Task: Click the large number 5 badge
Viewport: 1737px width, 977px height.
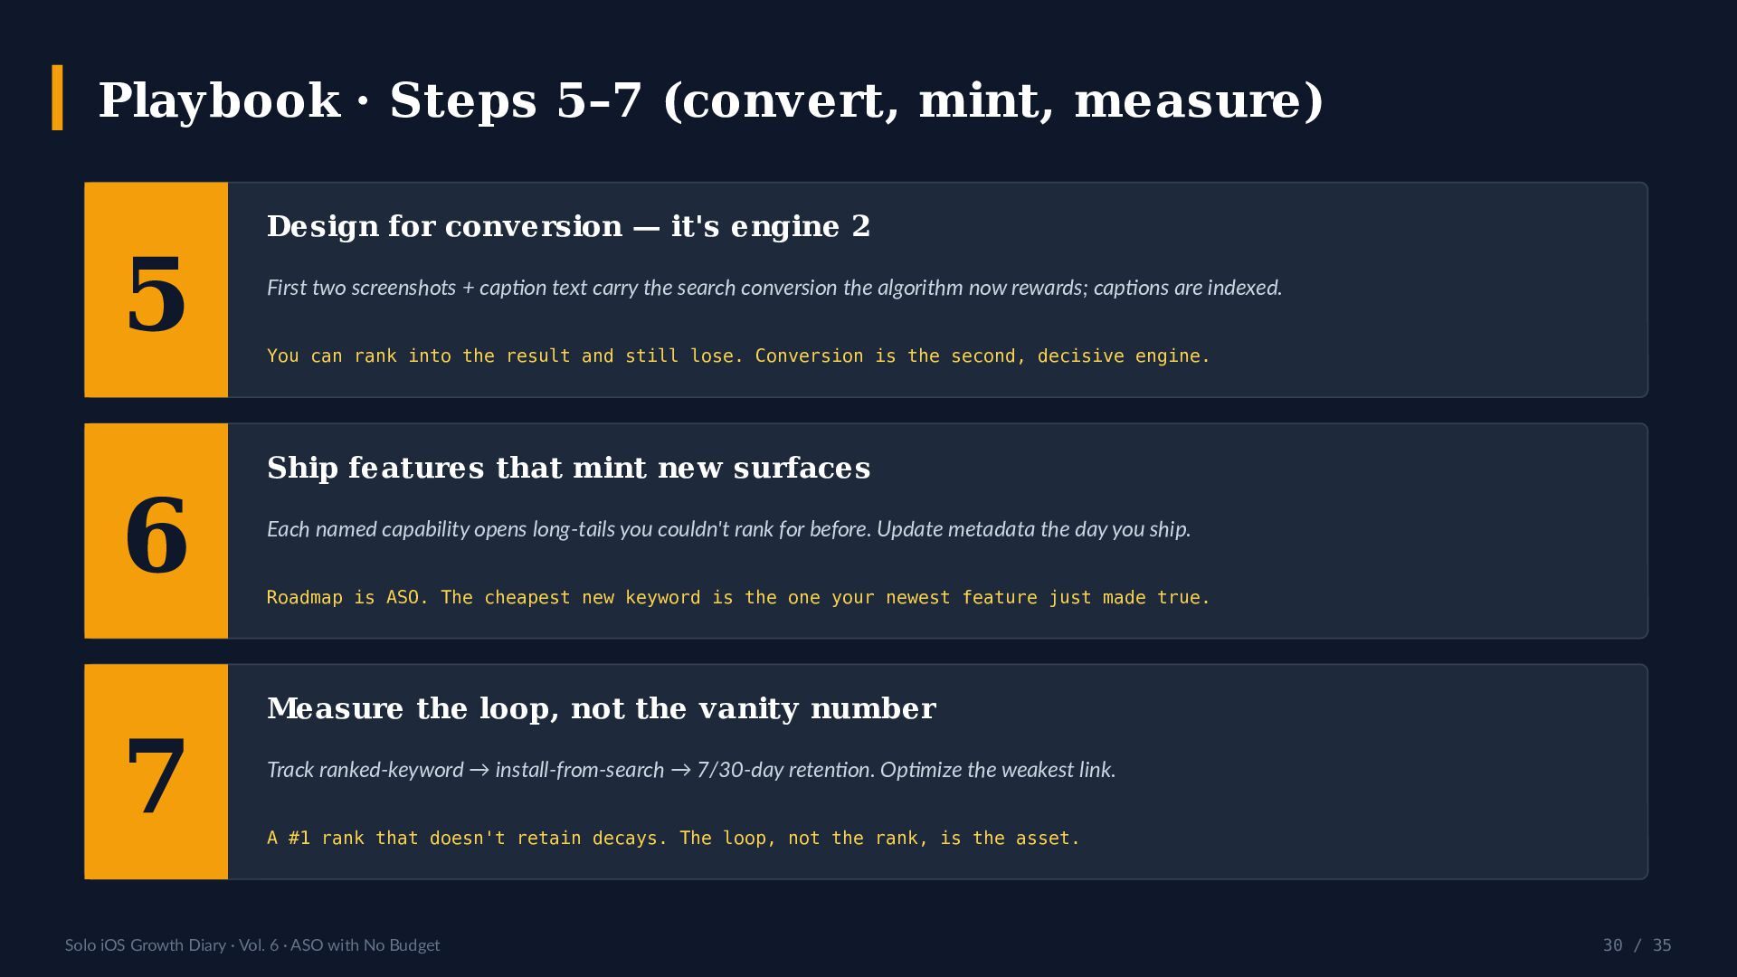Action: click(x=156, y=289)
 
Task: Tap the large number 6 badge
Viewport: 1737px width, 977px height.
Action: click(x=156, y=531)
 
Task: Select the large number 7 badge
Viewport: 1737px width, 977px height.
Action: click(x=156, y=772)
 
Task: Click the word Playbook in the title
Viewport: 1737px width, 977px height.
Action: click(x=219, y=100)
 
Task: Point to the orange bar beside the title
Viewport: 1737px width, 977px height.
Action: click(x=57, y=98)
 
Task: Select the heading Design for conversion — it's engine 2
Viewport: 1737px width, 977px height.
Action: click(x=568, y=226)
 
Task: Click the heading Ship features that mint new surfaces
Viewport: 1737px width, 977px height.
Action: click(x=568, y=468)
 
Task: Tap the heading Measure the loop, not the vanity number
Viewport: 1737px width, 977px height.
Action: click(x=601, y=708)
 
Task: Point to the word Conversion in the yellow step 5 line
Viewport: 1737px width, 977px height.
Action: click(x=809, y=356)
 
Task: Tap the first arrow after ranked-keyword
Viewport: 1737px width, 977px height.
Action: click(x=479, y=770)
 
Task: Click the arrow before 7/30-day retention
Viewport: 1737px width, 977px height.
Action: click(x=681, y=770)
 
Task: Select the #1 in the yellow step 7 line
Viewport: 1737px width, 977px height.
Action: click(x=299, y=839)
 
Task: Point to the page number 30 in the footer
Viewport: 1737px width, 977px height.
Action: click(x=1612, y=945)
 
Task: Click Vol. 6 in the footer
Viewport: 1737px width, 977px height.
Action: click(x=259, y=945)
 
